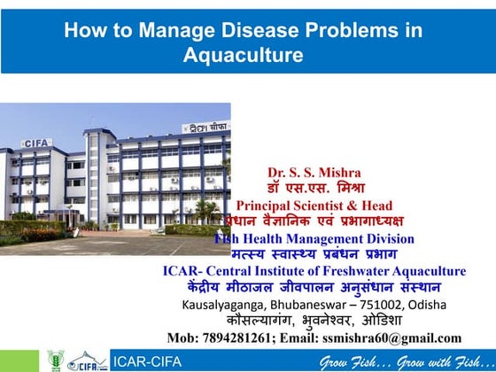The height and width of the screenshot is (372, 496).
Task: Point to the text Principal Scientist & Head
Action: [314, 205]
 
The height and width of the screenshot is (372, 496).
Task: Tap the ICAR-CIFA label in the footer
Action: [145, 360]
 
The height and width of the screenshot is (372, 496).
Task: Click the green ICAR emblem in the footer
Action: [56, 360]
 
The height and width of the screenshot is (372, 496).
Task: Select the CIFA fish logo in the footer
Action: [88, 360]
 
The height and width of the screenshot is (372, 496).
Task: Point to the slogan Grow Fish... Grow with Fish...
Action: [405, 360]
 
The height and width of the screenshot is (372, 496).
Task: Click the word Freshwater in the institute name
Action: [351, 271]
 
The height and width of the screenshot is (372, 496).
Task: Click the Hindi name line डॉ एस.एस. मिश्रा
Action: [315, 189]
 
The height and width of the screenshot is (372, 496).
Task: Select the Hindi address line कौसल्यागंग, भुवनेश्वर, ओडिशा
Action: [314, 321]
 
